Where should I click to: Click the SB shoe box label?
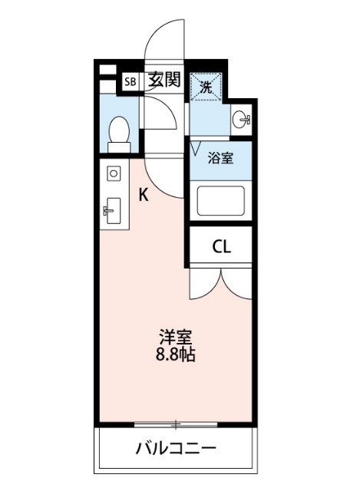[130, 82]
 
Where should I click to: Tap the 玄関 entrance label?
[164, 80]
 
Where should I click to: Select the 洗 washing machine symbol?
[206, 87]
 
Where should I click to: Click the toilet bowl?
[119, 130]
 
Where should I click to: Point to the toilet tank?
[119, 147]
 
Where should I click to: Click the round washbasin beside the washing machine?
[241, 120]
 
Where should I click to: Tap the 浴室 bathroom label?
[221, 158]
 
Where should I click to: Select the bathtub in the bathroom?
[220, 201]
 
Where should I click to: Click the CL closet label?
[222, 247]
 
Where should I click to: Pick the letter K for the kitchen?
[144, 195]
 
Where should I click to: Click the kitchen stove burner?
[114, 173]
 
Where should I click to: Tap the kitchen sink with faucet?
[113, 211]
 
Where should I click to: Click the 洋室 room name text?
[176, 338]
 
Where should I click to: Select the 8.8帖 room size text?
[176, 354]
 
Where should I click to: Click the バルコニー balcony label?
[176, 448]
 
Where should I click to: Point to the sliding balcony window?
[176, 425]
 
